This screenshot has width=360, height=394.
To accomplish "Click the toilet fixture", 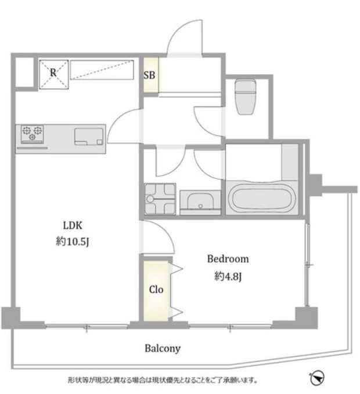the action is [x=245, y=96].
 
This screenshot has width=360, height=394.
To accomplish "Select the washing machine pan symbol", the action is [x=160, y=199].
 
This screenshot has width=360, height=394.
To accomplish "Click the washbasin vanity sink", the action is [x=200, y=202].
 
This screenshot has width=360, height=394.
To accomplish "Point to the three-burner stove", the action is [x=32, y=134].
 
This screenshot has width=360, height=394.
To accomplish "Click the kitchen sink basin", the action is [x=89, y=137].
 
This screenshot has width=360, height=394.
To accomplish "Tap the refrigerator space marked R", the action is [x=54, y=74].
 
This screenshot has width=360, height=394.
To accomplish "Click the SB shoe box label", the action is [x=149, y=75].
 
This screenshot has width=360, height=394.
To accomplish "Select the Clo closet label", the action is [x=156, y=289].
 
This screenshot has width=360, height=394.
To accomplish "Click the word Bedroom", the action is [x=228, y=259].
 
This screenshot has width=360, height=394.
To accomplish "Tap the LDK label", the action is [x=73, y=225].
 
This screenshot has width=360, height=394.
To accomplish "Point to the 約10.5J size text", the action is [x=73, y=242].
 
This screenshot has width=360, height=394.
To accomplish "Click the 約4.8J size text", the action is [x=228, y=277].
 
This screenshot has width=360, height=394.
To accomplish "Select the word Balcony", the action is [x=163, y=349].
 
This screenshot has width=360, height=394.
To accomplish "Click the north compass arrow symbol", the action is [x=317, y=377].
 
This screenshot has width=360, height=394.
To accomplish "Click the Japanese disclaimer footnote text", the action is [x=163, y=380].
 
